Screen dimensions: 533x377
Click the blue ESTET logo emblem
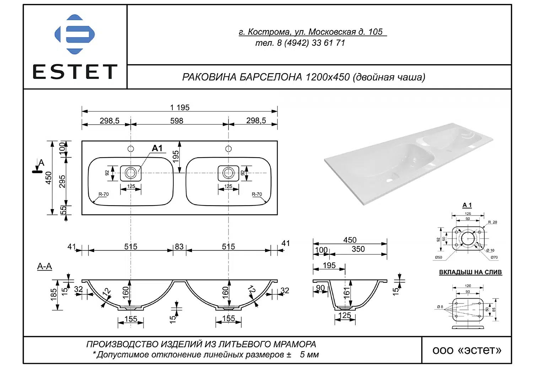click(x=75, y=34)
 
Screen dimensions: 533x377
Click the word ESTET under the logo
click(x=75, y=72)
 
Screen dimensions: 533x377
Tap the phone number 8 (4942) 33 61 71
click(x=311, y=43)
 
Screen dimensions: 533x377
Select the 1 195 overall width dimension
click(x=180, y=108)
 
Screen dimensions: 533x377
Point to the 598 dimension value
click(x=177, y=121)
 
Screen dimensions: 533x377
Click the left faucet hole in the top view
click(x=131, y=149)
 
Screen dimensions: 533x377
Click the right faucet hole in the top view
click(x=228, y=149)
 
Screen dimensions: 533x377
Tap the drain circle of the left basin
click(x=131, y=173)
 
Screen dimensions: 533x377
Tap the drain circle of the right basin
click(x=228, y=173)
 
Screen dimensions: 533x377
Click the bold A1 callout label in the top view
click(x=157, y=148)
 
